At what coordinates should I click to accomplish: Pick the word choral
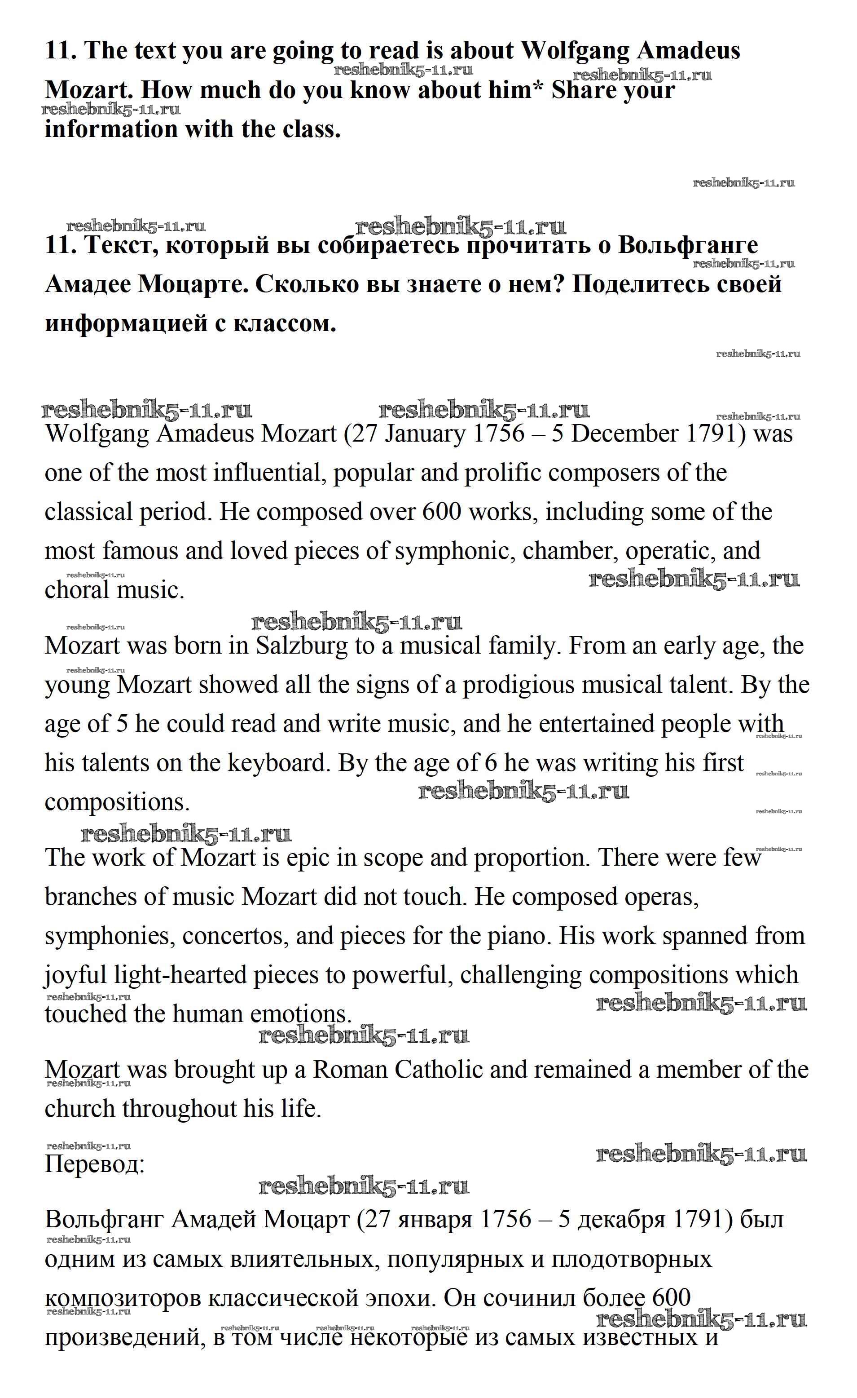77,590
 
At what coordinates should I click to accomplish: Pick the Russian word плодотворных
632,1258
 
